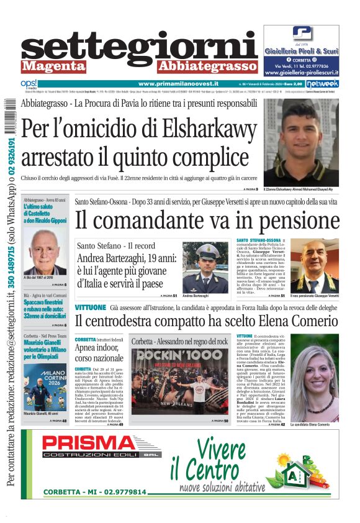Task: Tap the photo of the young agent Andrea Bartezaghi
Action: coord(205,267)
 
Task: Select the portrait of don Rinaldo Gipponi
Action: coord(45,252)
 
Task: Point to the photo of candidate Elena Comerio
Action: coord(314,379)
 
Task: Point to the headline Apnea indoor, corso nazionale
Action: coord(99,353)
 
